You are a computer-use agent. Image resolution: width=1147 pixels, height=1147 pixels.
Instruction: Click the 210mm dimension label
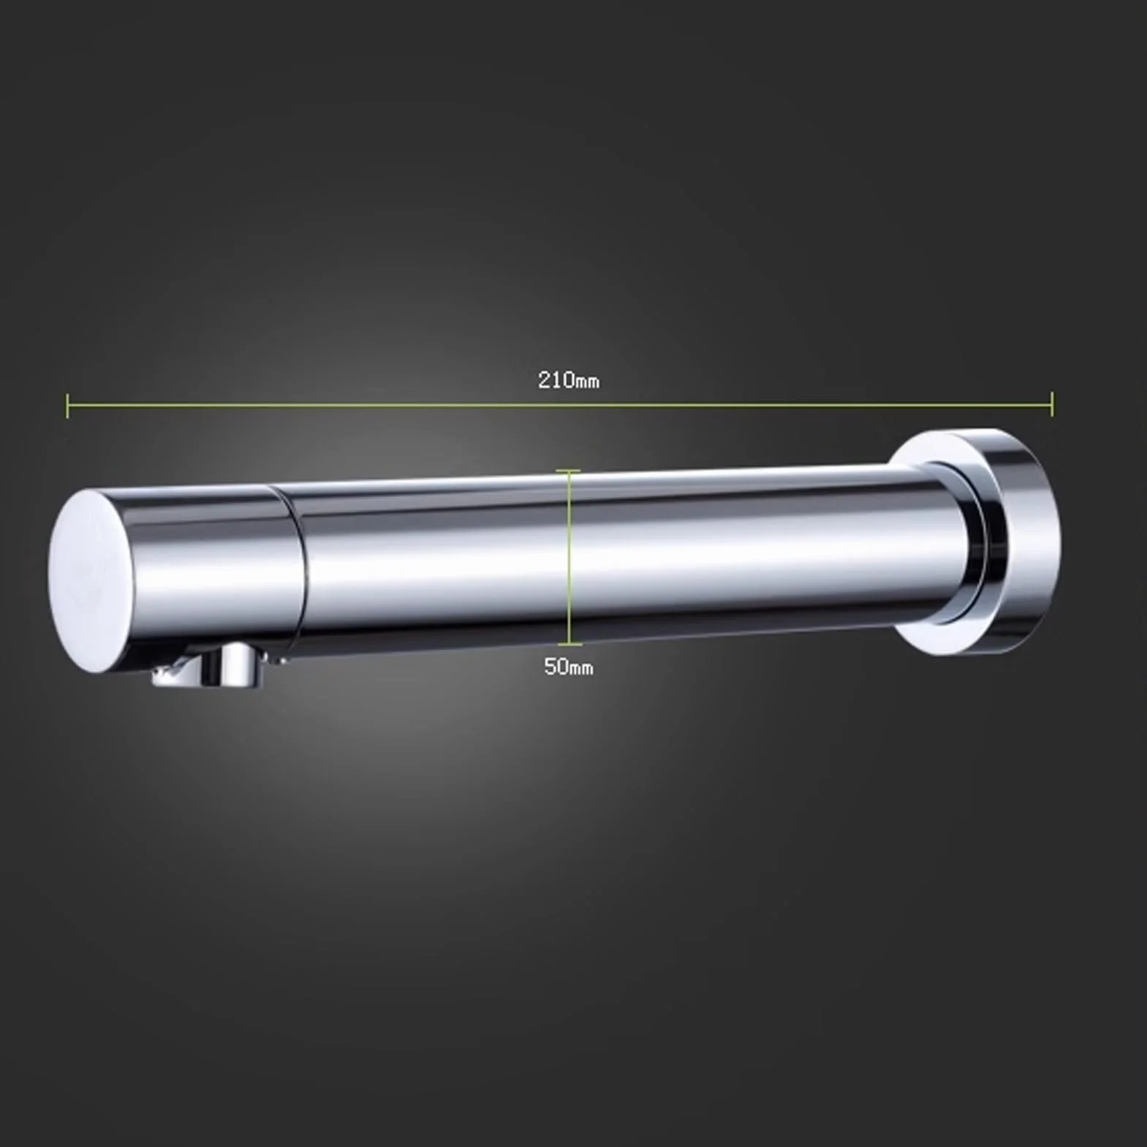pyautogui.click(x=569, y=380)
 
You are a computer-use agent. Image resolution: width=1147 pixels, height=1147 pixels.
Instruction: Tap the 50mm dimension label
pyautogui.click(x=569, y=667)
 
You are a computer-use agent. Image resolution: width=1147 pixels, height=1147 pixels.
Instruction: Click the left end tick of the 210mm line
pyautogui.click(x=68, y=404)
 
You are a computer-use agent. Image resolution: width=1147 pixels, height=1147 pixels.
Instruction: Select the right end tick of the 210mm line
pyautogui.click(x=1052, y=404)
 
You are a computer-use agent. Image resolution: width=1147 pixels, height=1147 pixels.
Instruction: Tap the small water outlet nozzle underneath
pyautogui.click(x=209, y=667)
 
